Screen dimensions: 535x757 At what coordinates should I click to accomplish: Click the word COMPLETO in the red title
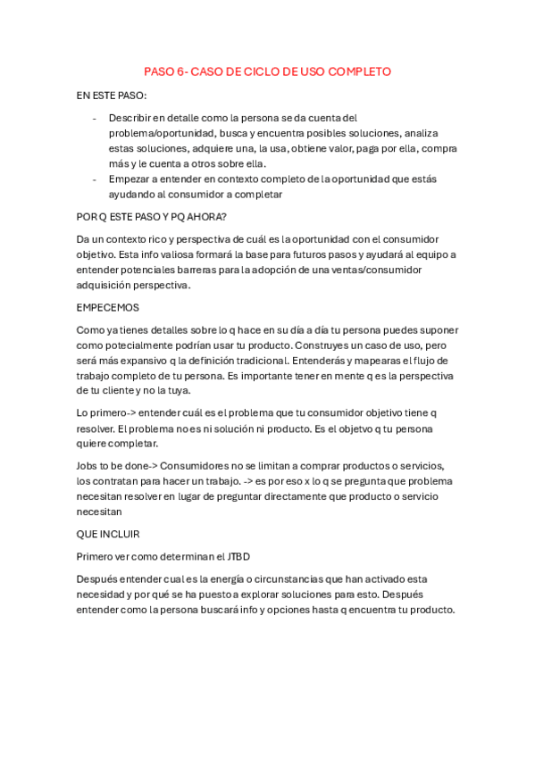coord(359,71)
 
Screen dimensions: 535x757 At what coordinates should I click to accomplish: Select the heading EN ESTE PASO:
coord(112,95)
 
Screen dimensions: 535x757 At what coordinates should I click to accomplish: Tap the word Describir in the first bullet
coord(129,118)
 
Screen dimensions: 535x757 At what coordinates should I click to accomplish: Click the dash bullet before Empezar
coord(95,179)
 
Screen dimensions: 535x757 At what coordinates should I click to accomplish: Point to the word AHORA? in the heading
coord(206,216)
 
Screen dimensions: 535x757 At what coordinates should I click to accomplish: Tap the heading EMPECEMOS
coord(108,307)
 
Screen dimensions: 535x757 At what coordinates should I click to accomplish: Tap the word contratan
coord(114,481)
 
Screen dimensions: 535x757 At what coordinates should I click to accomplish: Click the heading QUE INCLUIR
coord(108,535)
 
